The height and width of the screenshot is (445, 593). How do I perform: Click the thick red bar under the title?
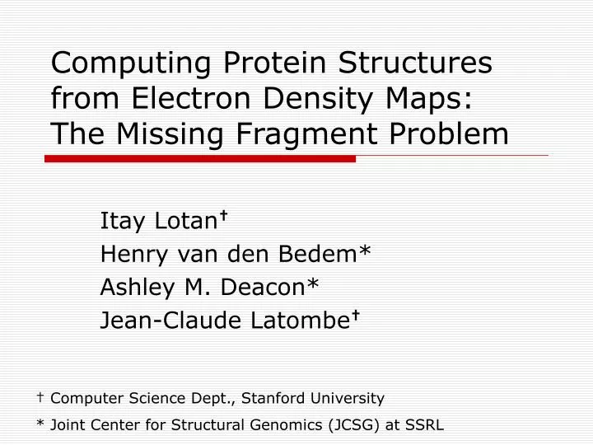200,158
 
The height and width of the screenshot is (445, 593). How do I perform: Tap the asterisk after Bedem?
365,253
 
